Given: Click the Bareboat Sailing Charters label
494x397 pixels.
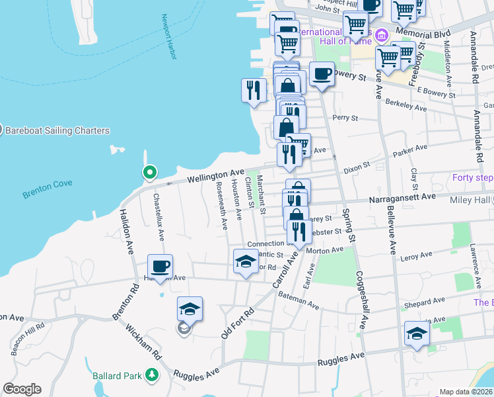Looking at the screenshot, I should pos(57,130).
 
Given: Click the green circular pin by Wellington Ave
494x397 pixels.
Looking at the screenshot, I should pos(150,173).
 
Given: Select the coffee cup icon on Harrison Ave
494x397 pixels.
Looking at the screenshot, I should pos(160,266).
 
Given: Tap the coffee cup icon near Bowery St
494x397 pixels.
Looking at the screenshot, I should pos(322,73).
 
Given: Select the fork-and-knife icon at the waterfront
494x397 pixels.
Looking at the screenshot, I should pos(254,90).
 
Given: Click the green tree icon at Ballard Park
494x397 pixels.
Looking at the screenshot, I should pos(152,376).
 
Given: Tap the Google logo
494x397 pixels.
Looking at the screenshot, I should pos(22,389).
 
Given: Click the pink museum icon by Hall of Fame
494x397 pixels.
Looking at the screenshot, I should pos(380,35).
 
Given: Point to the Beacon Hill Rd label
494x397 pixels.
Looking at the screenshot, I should pos(28,335).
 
